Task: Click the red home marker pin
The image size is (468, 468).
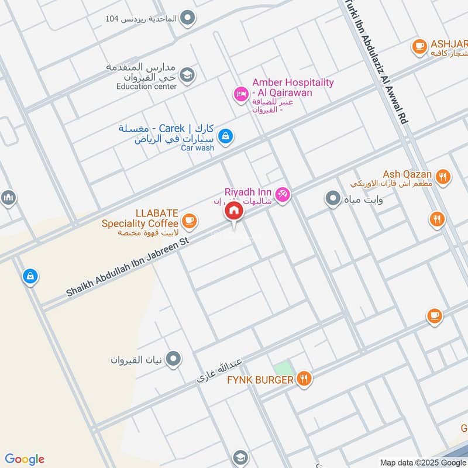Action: [235, 212]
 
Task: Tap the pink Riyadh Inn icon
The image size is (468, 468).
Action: [283, 194]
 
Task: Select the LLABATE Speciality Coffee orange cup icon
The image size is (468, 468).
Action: [189, 221]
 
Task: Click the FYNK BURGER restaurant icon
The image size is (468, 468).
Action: [303, 379]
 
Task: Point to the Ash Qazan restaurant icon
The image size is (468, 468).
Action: [443, 175]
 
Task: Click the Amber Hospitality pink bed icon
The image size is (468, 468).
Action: [240, 93]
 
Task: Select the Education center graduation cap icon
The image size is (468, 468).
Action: [187, 74]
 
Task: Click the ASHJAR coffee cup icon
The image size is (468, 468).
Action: [419, 46]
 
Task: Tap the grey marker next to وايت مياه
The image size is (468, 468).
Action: [333, 199]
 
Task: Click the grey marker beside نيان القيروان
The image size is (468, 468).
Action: [173, 359]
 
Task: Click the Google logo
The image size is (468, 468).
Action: [25, 459]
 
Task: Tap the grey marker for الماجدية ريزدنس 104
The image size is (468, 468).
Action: [187, 19]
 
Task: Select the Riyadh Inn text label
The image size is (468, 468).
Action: [247, 192]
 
